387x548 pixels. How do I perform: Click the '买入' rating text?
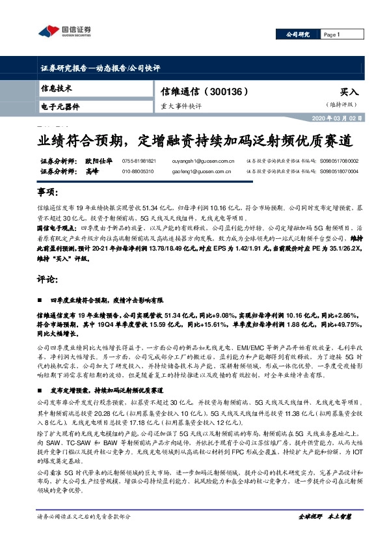pos(349,93)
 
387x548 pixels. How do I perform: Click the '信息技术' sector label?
pos(57,88)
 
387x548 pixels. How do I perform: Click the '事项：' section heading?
pos(49,193)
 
